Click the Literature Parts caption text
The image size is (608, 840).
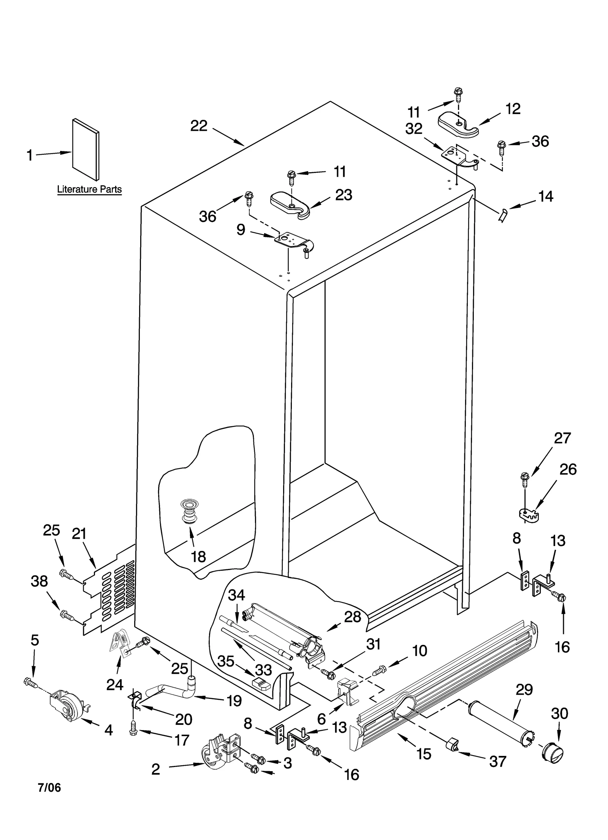[x=89, y=189]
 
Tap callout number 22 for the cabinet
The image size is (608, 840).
[x=199, y=126]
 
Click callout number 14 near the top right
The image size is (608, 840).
[x=546, y=197]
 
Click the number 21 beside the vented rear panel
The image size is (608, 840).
[x=79, y=534]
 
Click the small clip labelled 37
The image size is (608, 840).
[x=452, y=745]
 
